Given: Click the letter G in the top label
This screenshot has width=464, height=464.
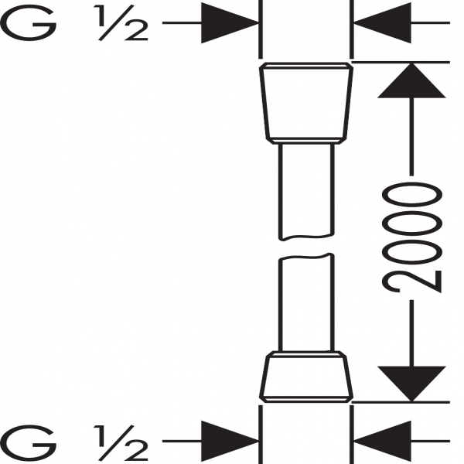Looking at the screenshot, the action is [28, 22].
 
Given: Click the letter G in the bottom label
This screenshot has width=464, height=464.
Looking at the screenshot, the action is [28, 443].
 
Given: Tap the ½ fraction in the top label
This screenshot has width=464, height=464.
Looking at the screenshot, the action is [121, 22].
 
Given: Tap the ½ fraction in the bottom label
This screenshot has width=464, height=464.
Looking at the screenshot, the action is [121, 443].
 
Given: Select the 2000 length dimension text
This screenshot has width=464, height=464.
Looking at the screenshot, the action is [411, 237].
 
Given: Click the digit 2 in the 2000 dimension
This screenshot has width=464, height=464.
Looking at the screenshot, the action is [411, 281].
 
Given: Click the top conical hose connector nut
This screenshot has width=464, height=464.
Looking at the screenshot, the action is [306, 104].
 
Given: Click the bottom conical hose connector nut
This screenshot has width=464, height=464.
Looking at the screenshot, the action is [306, 377].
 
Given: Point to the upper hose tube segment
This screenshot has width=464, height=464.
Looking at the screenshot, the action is [306, 192].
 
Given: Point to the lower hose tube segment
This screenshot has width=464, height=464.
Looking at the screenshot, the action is [306, 302].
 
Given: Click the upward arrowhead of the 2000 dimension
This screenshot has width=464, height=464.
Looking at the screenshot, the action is [411, 80].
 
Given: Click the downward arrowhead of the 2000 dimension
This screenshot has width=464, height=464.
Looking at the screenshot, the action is [411, 384].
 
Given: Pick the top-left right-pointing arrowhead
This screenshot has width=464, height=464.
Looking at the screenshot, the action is [230, 22].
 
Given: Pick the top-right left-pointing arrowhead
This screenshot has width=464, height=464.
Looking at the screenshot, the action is [382, 22].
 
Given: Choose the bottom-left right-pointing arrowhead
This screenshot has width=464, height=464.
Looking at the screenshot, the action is [230, 442].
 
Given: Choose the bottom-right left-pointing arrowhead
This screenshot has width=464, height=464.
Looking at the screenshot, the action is [382, 442].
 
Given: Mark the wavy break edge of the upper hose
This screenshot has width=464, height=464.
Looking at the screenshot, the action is [306, 237].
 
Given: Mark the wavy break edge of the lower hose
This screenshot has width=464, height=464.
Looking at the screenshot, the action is [306, 257].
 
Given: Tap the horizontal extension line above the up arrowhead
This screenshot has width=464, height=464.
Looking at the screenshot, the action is [401, 63].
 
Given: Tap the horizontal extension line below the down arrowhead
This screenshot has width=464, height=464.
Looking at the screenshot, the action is [401, 402].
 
